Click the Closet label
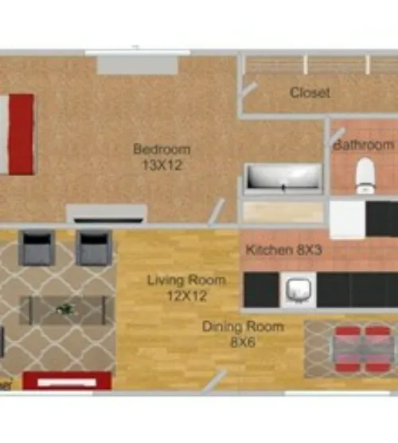pos(310,92)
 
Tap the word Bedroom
pos(162,149)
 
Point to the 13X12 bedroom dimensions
pos(162,165)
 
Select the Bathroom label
pos(364,145)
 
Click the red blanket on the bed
pos(21,134)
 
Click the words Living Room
pos(186,280)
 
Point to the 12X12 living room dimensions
pos(186,296)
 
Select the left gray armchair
pos(37,247)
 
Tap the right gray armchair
pos(93,247)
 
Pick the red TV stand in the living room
pos(67,382)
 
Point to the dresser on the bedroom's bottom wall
pos(107,214)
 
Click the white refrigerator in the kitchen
pos(347,218)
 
